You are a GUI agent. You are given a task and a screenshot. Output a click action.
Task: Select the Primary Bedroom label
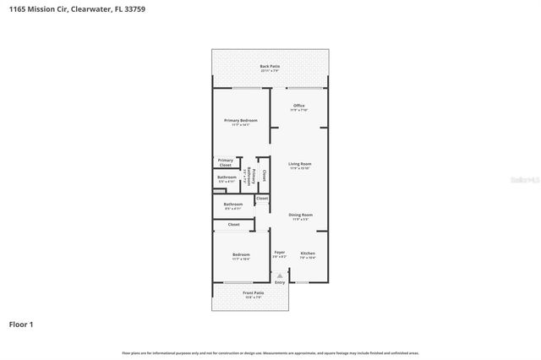point(241,122)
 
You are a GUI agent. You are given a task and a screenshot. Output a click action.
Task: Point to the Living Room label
point(300,165)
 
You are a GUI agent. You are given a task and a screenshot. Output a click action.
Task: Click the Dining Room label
point(300,215)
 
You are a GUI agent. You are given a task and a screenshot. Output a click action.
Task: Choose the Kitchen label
point(308,254)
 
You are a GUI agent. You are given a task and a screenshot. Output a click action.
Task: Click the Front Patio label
point(254,293)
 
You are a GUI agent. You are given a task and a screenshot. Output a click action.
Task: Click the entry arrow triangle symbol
point(280,275)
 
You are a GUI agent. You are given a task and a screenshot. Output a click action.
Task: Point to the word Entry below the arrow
point(280,282)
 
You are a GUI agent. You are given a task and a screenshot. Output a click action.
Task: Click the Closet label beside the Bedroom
point(234,225)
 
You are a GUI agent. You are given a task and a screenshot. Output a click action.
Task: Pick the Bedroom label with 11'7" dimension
point(241,255)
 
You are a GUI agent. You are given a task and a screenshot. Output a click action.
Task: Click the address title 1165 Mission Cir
point(41,8)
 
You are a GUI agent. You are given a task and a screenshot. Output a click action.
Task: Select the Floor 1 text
point(21,324)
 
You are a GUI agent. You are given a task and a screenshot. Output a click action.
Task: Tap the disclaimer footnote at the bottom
point(270,353)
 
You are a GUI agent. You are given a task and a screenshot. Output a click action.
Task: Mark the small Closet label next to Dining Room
point(262,199)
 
